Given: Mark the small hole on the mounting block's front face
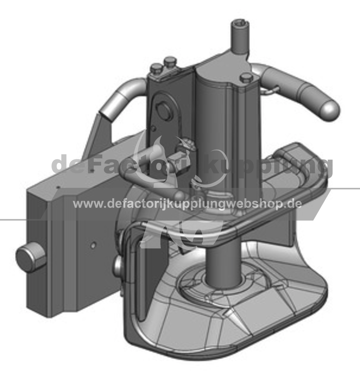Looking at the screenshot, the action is coord(93,245).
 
